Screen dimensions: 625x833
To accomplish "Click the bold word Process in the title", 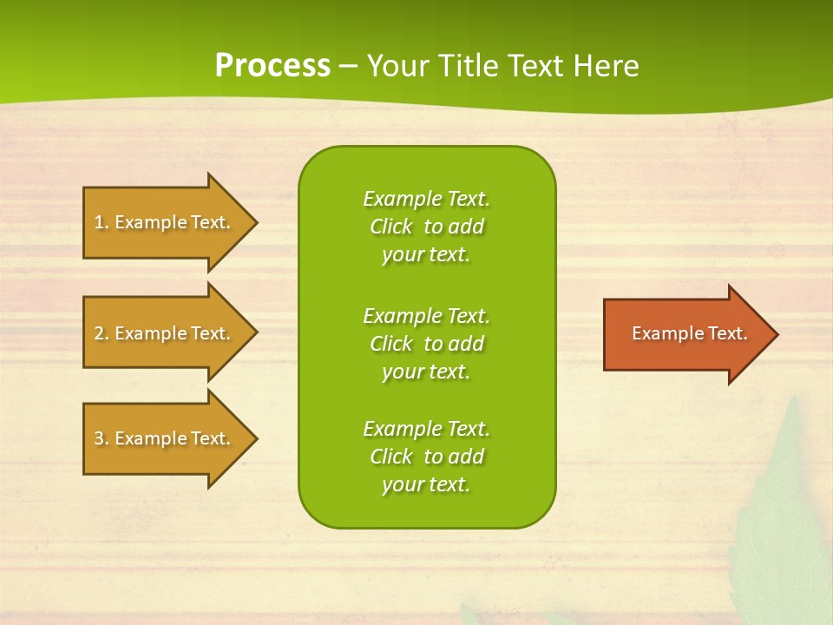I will pyautogui.click(x=272, y=66).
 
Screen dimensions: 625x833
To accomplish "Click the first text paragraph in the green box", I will pyautogui.click(x=426, y=227).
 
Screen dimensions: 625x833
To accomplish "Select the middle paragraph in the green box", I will pyautogui.click(x=426, y=344).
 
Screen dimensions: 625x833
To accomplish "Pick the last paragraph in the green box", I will pyautogui.click(x=426, y=457).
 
